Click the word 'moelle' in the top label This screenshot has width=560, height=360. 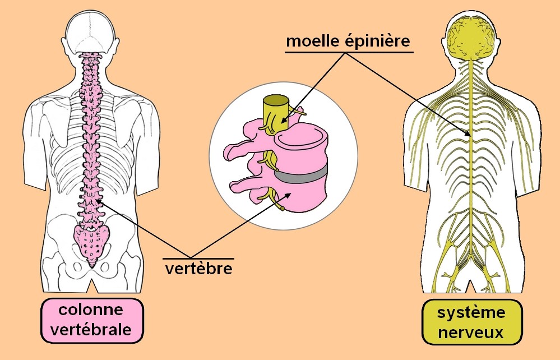(x=312, y=41)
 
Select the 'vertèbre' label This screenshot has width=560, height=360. (x=198, y=268)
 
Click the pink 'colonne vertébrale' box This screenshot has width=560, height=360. (x=91, y=320)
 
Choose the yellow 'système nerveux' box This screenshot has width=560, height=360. (x=471, y=322)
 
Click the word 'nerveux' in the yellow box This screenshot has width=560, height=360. (x=471, y=333)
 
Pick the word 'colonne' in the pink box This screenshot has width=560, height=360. (x=91, y=310)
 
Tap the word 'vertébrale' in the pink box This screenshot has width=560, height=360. (x=91, y=330)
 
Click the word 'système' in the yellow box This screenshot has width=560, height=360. (x=471, y=312)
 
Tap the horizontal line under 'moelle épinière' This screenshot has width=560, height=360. (x=349, y=52)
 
